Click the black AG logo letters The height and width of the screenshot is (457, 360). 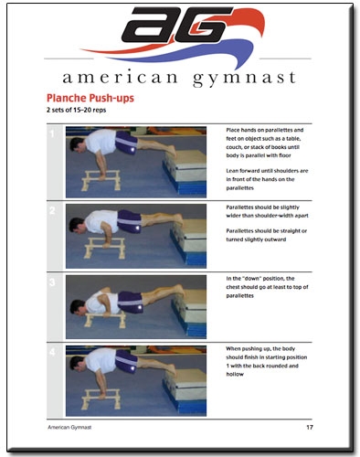(176, 25)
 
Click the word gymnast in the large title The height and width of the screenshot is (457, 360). (244, 79)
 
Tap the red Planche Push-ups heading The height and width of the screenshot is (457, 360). (90, 98)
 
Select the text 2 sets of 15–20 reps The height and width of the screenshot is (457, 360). (76, 110)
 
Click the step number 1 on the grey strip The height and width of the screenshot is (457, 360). (52, 133)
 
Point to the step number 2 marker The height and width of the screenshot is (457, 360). (52, 210)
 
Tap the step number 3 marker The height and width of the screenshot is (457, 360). (52, 282)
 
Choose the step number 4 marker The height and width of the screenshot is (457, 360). (52, 353)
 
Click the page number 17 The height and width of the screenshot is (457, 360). (310, 428)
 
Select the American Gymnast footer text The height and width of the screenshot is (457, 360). (69, 428)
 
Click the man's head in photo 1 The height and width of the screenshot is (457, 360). (78, 144)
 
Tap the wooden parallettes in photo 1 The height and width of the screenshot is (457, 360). (101, 180)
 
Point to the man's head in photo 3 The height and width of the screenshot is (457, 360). (78, 307)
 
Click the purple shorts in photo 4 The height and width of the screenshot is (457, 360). (126, 361)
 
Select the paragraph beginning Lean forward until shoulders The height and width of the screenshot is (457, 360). (267, 179)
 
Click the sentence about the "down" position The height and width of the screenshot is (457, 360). (267, 287)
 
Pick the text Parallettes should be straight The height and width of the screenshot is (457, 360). (267, 235)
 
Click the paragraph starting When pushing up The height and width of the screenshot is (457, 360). (267, 361)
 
